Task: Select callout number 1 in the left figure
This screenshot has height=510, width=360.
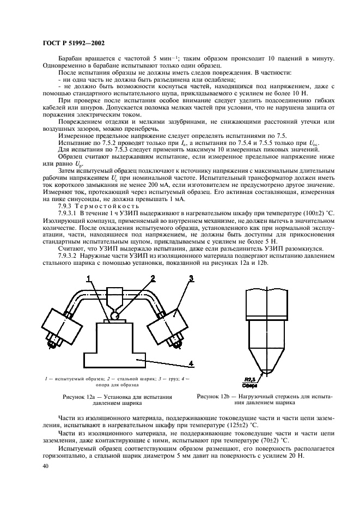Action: coord(87,278)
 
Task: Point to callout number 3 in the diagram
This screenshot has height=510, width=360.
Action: coord(191,278)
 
